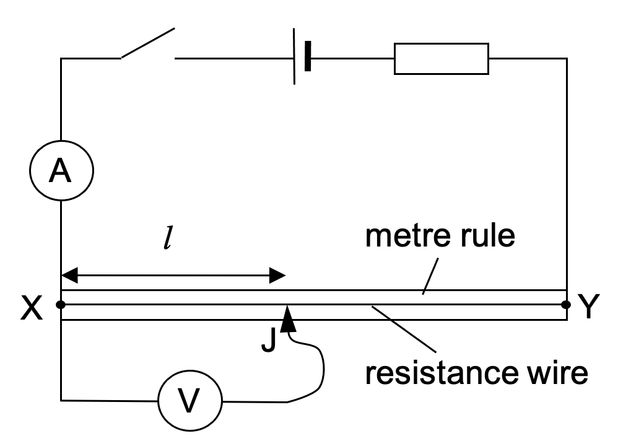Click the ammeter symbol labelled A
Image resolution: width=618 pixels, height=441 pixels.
coord(61,169)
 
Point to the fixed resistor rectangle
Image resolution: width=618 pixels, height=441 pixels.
coord(441,59)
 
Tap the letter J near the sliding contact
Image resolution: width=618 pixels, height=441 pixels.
coord(268,339)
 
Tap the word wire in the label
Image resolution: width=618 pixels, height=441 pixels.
coord(554,373)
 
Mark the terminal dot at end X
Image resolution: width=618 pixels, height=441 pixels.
coord(61,305)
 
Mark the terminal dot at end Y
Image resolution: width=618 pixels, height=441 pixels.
coord(565,305)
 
